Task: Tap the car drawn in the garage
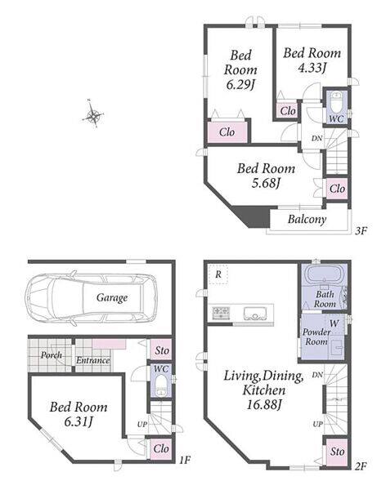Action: [x=91, y=298]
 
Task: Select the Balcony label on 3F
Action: [x=307, y=220]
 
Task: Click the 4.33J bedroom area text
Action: [x=312, y=68]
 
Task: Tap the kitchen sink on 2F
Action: [x=255, y=314]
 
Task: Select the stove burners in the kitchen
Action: [x=222, y=313]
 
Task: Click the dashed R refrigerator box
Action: [x=218, y=274]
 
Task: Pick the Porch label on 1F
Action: [x=52, y=355]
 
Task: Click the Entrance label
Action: [x=93, y=360]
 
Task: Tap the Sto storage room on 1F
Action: [x=161, y=350]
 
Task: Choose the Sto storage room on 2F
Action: [x=337, y=452]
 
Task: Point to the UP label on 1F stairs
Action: [x=142, y=425]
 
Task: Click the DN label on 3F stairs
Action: [x=316, y=138]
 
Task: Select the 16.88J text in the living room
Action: [x=264, y=405]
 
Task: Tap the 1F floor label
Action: [x=185, y=460]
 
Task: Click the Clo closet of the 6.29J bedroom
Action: [x=228, y=131]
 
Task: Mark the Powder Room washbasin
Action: [x=337, y=347]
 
